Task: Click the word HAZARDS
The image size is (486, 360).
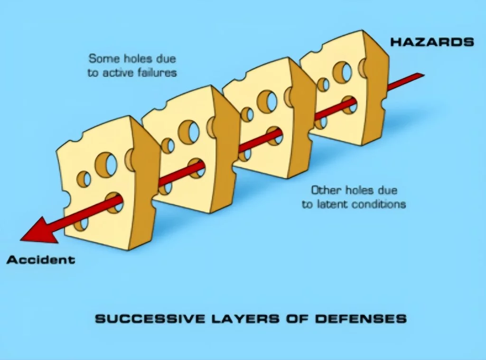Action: (432, 42)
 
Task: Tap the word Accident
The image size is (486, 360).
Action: (41, 259)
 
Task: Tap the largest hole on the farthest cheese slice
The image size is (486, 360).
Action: (342, 72)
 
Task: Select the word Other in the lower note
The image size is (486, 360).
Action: (323, 191)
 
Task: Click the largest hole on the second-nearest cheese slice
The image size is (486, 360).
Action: (189, 131)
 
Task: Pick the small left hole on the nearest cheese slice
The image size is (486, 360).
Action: (84, 179)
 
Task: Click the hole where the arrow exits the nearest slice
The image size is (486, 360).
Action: (114, 203)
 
